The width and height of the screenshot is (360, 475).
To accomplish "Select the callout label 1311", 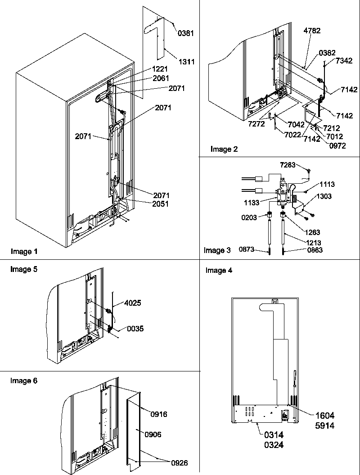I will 186,62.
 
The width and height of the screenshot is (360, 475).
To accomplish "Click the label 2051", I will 160,204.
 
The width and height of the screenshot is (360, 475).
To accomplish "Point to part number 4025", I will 132,303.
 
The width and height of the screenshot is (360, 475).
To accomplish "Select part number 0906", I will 153,434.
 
